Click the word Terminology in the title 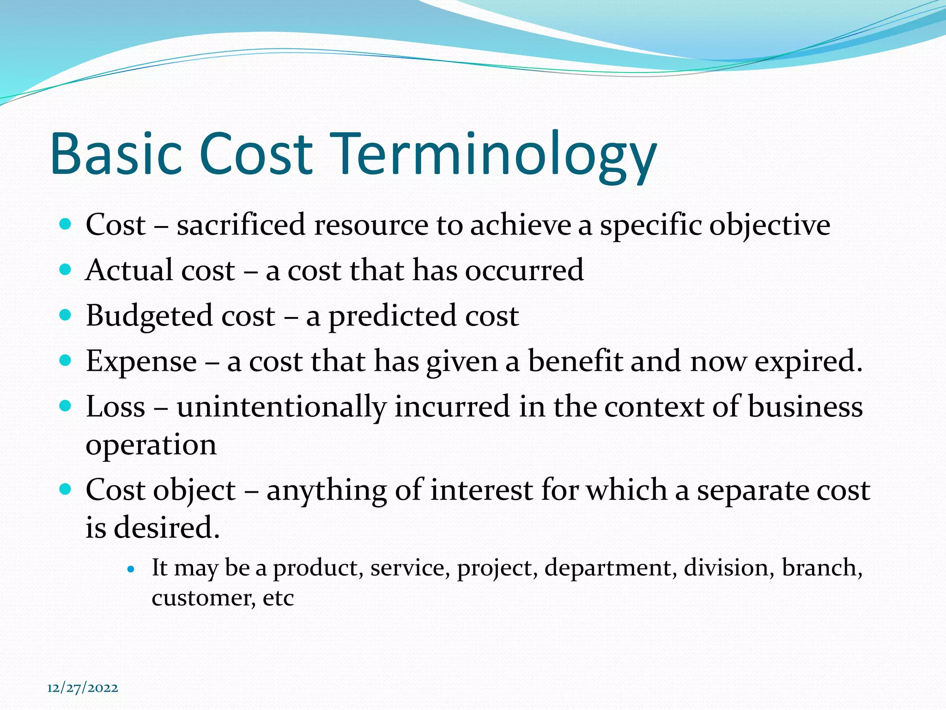pyautogui.click(x=493, y=155)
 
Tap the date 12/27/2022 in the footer pyautogui.click(x=83, y=688)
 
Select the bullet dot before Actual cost pyautogui.click(x=66, y=269)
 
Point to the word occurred pyautogui.click(x=524, y=270)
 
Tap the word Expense pyautogui.click(x=141, y=362)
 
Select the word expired pyautogui.click(x=808, y=362)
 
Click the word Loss pyautogui.click(x=115, y=407)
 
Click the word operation pyautogui.click(x=151, y=445)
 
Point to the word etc pyautogui.click(x=278, y=598)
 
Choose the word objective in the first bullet pyautogui.click(x=770, y=226)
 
